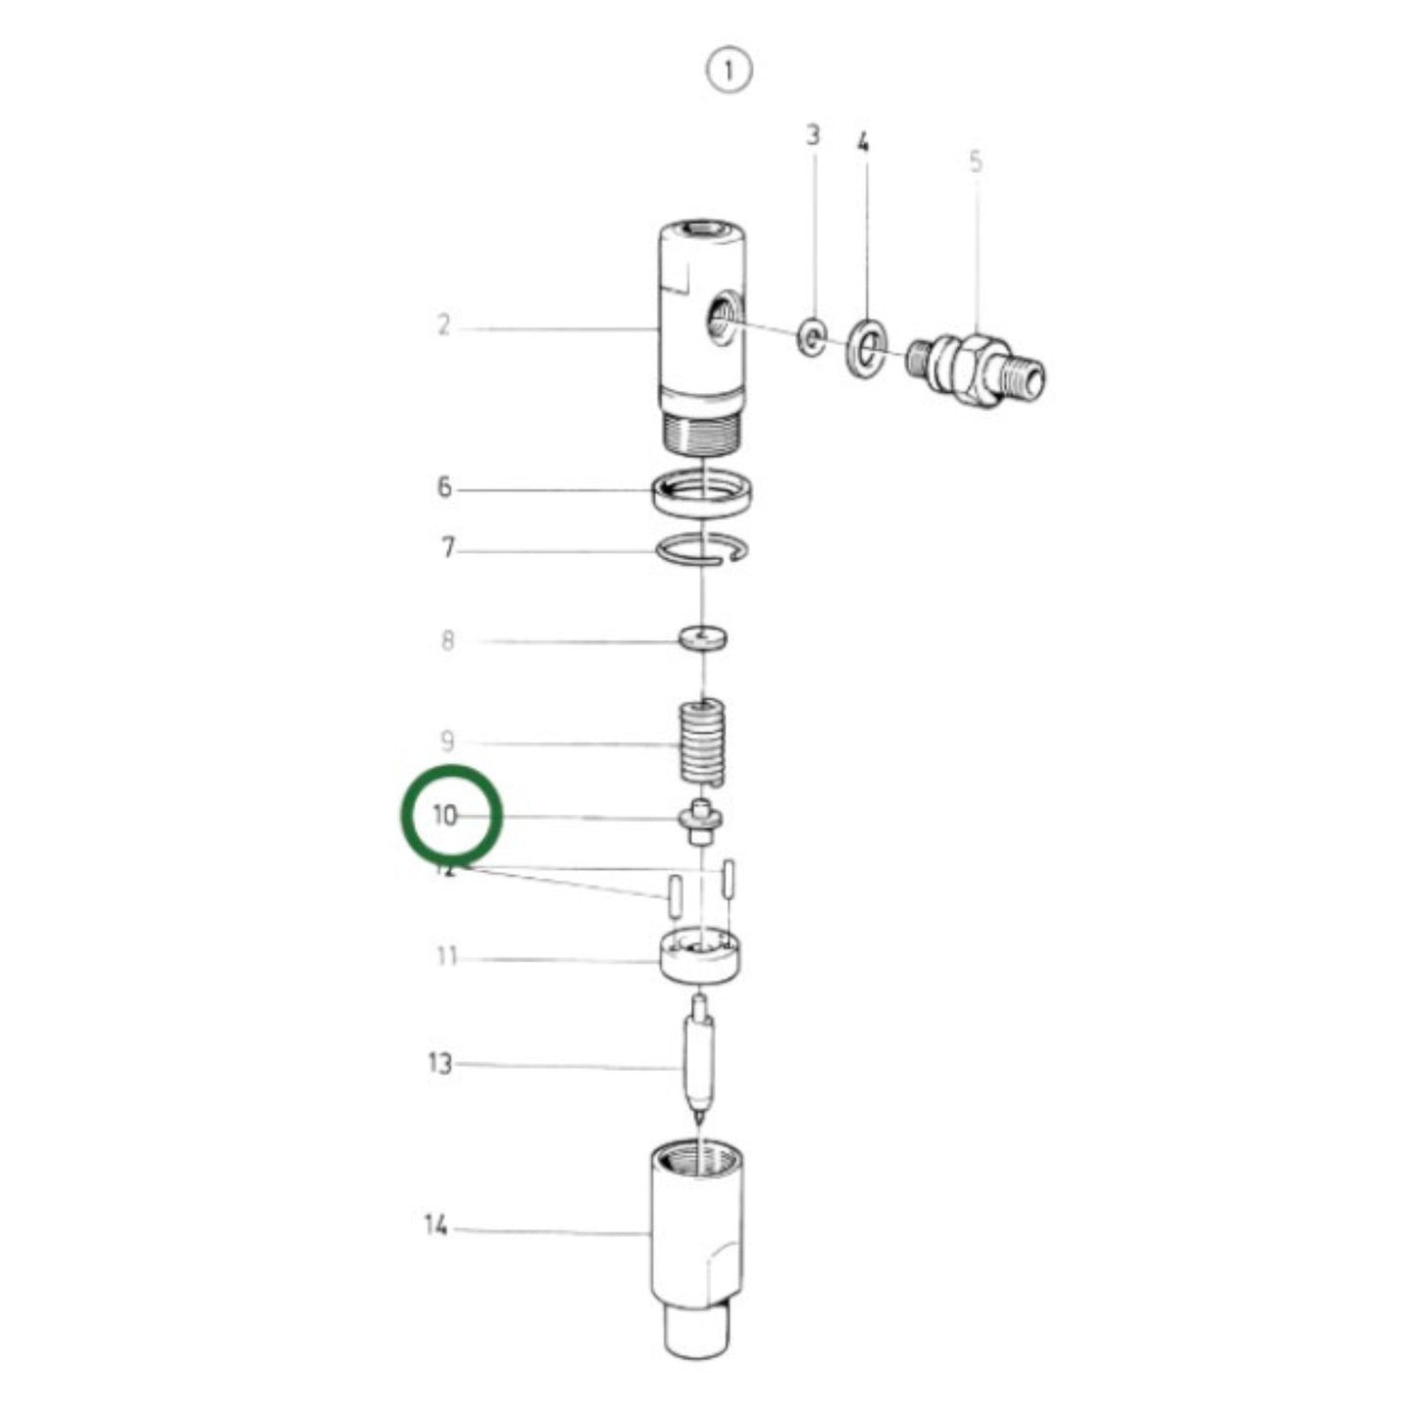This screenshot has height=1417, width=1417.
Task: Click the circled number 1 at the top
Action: [x=728, y=72]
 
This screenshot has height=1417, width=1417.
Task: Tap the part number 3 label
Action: [x=813, y=134]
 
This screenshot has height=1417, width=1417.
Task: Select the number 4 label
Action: [x=863, y=143]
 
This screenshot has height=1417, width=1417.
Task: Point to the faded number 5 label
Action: [x=975, y=162]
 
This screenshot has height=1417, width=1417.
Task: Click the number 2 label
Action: [x=443, y=325]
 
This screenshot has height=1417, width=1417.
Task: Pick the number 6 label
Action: [x=444, y=487]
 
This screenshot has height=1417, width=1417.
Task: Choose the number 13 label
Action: [x=440, y=1063]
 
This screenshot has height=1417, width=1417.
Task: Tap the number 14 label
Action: [x=435, y=1225]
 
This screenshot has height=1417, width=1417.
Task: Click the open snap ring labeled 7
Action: [x=703, y=552]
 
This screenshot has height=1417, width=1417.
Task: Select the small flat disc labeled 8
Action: [x=703, y=639]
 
